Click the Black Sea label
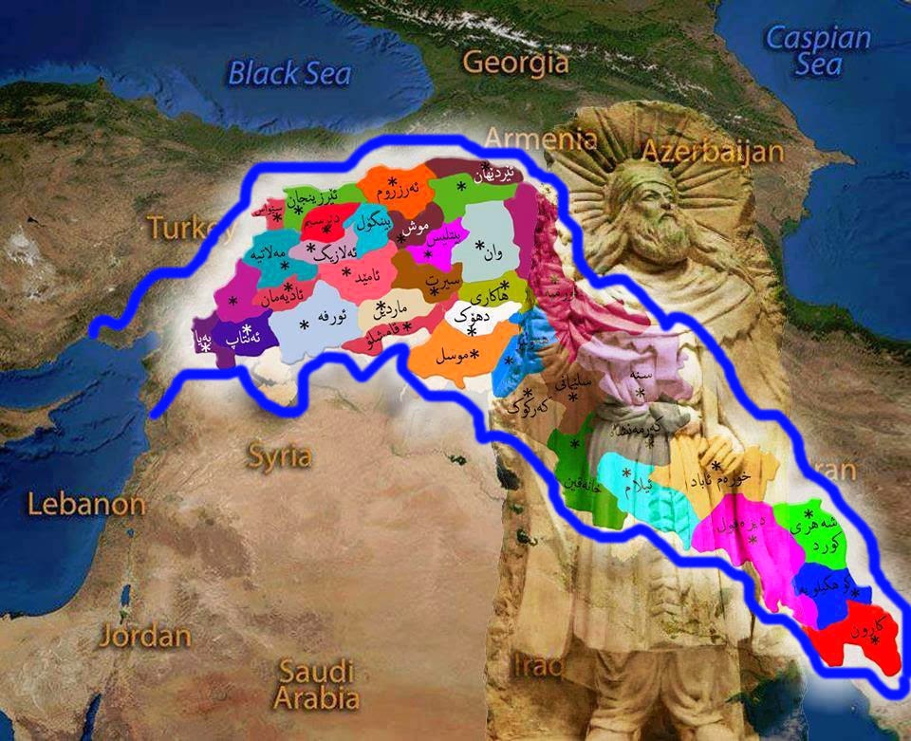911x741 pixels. click(x=290, y=73)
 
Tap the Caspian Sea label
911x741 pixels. click(x=818, y=50)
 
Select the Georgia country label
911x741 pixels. click(x=516, y=63)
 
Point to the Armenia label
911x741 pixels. click(x=541, y=139)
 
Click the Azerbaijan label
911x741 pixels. click(x=713, y=151)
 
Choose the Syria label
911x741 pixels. click(x=279, y=456)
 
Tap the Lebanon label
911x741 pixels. click(x=86, y=504)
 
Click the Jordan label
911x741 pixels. click(x=145, y=635)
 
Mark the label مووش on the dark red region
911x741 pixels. click(x=417, y=228)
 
